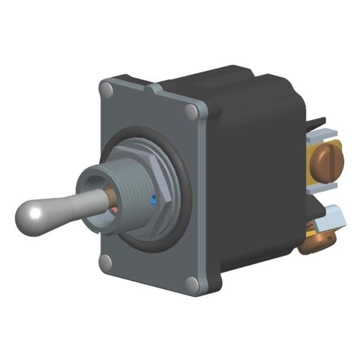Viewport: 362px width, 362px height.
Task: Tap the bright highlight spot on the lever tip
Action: pos(36,212)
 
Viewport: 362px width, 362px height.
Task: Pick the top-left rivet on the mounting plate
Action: pos(106,91)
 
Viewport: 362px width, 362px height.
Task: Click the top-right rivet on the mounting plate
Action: pos(192,112)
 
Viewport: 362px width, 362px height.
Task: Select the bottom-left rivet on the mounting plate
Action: pos(106,262)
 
